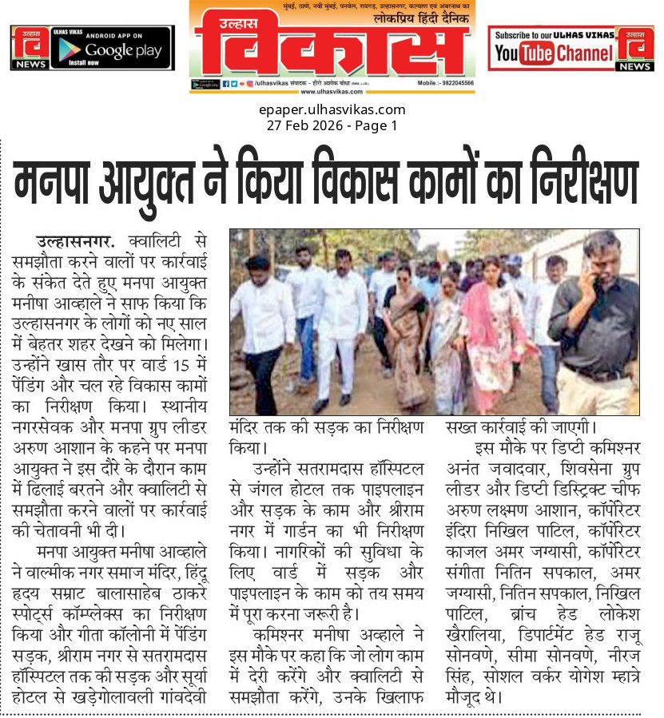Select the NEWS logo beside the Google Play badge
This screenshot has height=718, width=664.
(x=29, y=48)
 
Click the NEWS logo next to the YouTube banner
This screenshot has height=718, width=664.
(x=635, y=49)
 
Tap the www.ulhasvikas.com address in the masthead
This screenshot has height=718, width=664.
(x=332, y=91)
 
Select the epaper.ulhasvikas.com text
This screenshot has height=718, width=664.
(x=332, y=110)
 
